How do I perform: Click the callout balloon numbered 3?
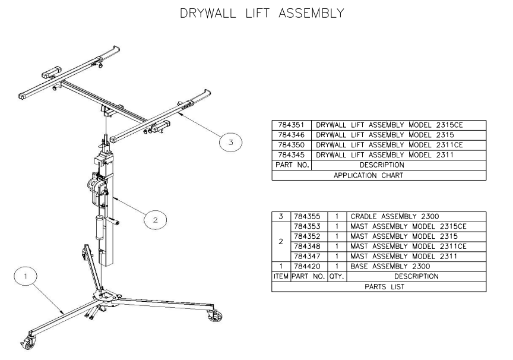click(230, 141)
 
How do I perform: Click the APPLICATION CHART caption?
click(378, 175)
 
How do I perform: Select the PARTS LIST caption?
click(378, 287)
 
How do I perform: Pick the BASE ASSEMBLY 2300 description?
click(392, 267)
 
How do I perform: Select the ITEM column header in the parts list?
click(280, 277)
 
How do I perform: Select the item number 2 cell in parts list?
click(280, 241)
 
